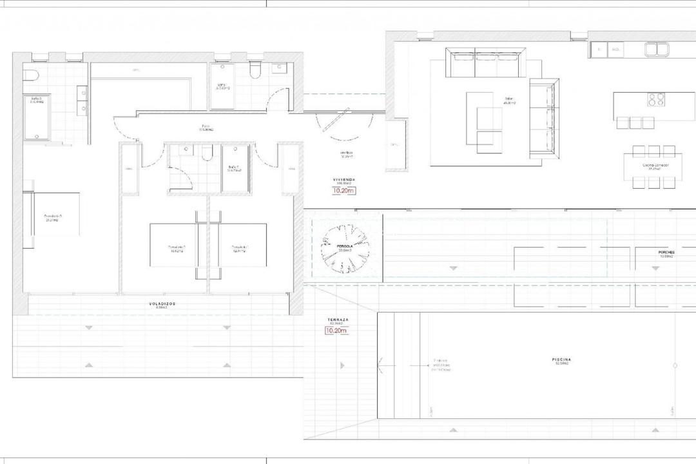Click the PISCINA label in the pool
(561, 360)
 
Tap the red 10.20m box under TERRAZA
(338, 331)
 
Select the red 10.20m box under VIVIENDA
(343, 191)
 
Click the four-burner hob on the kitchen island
(656, 99)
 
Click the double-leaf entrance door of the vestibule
(339, 124)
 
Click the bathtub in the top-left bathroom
(37, 117)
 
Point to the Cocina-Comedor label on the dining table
(655, 166)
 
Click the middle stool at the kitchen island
(636, 122)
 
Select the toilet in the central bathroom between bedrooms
(207, 153)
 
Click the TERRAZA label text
(338, 320)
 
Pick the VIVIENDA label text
(343, 180)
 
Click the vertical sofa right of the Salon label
(543, 119)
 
